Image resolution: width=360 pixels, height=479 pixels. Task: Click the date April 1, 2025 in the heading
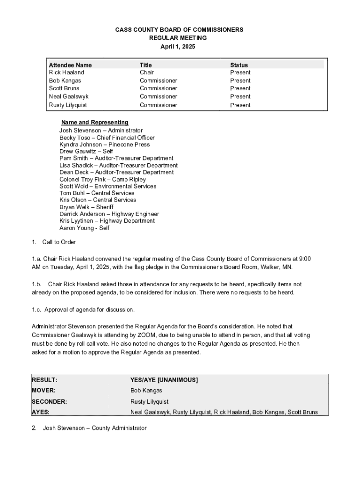coord(178,47)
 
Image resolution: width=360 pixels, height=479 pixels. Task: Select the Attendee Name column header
coord(70,65)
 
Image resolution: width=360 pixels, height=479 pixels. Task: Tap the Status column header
coord(239,65)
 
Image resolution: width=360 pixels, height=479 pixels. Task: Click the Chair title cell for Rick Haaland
coord(146,73)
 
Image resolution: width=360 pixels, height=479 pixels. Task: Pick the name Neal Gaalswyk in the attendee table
coord(68,96)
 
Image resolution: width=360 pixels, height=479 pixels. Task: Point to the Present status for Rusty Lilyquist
coord(240,105)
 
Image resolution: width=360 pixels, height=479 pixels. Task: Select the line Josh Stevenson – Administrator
coord(101,131)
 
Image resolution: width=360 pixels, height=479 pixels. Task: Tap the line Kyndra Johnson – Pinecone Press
coord(104,145)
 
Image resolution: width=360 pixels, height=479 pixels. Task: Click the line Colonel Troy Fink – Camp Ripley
coord(102,179)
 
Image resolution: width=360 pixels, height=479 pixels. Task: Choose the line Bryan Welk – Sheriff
coord(86,207)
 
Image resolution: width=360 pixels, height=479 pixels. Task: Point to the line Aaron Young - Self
coord(84,228)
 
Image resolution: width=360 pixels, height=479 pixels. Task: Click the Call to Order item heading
coord(58,242)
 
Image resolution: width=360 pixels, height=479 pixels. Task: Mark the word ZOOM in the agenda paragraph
coord(147,335)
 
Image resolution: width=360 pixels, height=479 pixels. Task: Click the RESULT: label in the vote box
coord(44,380)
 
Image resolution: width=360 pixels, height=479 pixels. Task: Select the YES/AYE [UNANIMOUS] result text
coord(164,380)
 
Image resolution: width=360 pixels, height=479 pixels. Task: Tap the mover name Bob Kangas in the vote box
coord(146,391)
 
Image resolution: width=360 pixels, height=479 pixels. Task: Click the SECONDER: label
coord(49,401)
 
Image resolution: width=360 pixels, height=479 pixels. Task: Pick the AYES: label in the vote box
coord(41,412)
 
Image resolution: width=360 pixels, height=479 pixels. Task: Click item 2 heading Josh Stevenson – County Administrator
coord(94,428)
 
